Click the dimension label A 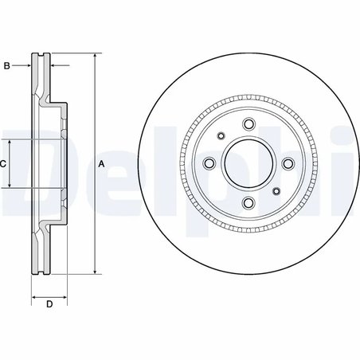[x=101, y=163]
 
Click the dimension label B [x=6, y=65]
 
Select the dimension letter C [x=3, y=163]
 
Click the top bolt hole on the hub [x=248, y=123]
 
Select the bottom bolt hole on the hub [x=248, y=203]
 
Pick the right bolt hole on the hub [x=288, y=163]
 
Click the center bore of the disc [x=248, y=163]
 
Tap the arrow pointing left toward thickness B [x=54, y=65]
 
